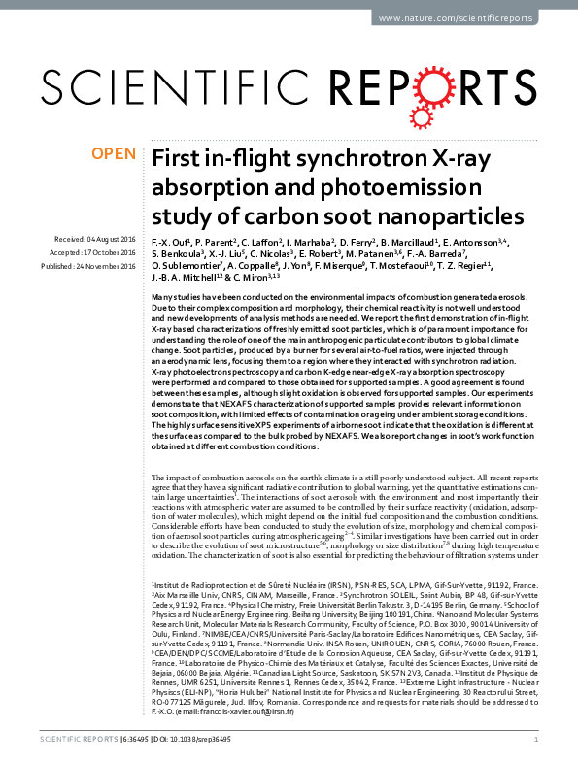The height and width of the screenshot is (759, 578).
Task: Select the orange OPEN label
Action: click(x=114, y=153)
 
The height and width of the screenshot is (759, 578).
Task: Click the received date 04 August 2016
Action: click(x=110, y=239)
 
